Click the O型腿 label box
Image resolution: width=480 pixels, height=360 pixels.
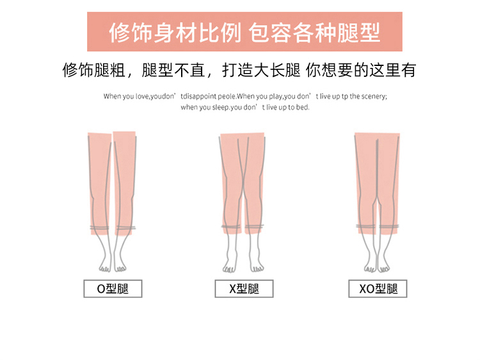point(113,289)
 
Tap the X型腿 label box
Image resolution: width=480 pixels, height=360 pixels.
point(244,289)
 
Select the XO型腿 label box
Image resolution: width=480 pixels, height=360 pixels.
point(378,289)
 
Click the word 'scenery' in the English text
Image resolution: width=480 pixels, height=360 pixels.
point(374,97)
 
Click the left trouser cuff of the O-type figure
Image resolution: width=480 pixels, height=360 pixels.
point(99,228)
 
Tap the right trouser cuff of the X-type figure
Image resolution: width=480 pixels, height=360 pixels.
point(254,227)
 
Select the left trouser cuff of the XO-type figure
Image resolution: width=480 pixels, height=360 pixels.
point(366,226)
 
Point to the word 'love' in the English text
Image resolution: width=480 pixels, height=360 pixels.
point(142,97)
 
